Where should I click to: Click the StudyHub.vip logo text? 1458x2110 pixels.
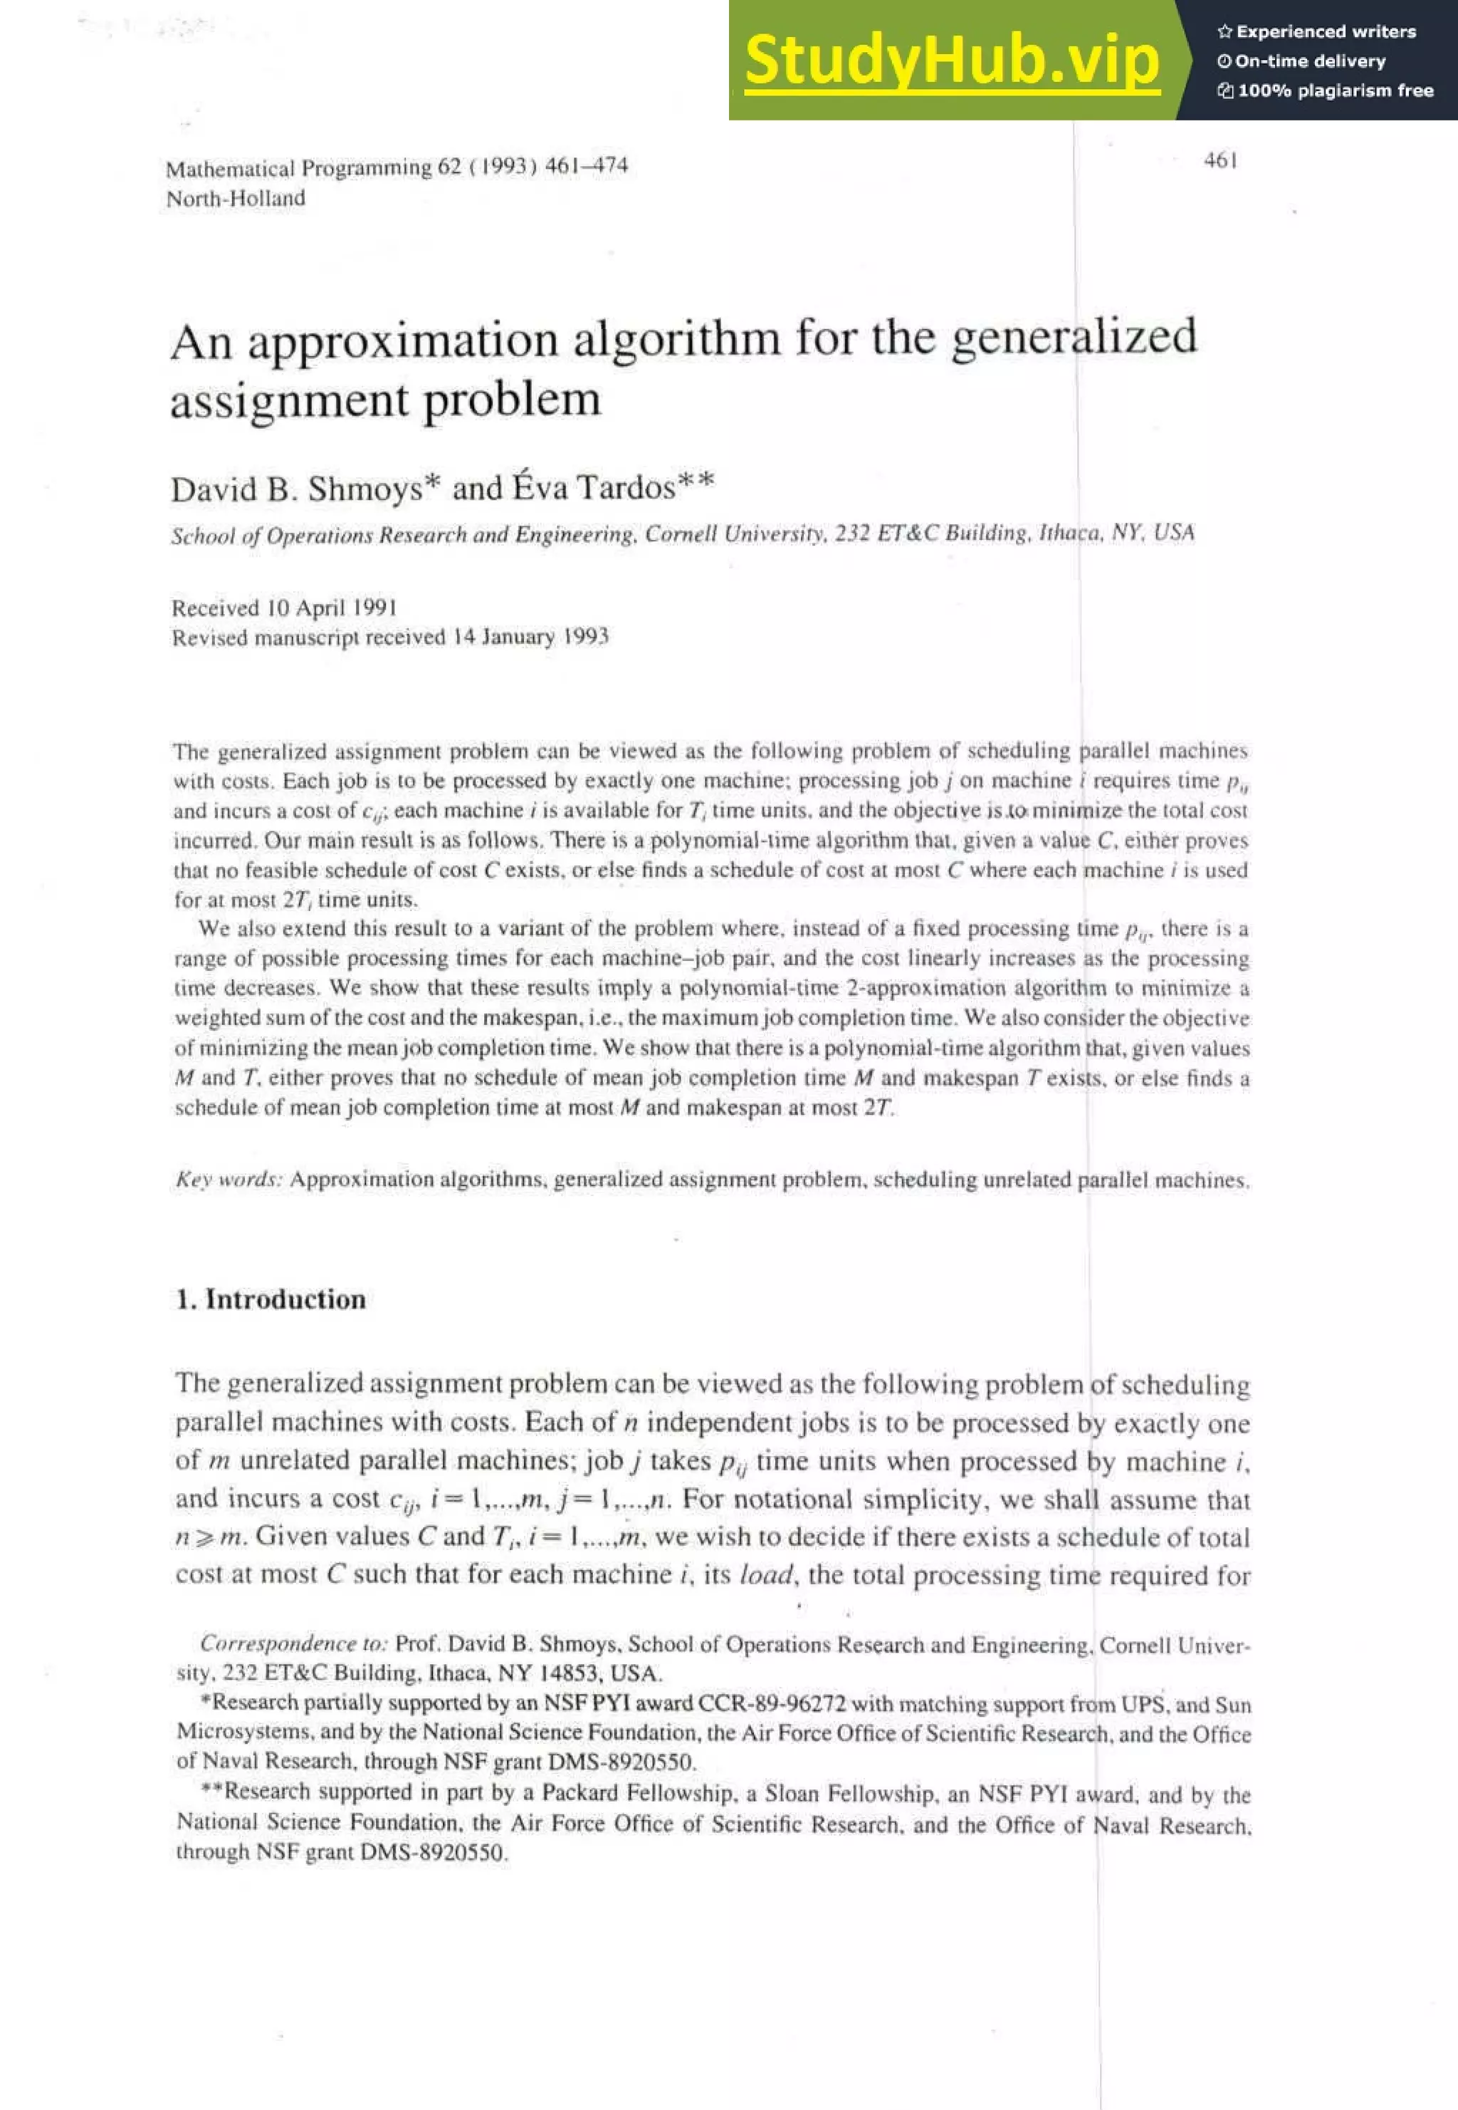point(951,61)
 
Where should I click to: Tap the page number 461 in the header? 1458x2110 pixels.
point(1220,161)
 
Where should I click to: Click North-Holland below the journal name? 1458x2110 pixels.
point(236,198)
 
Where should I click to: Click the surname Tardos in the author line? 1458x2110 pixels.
point(626,488)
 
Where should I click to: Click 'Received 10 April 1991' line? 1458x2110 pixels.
point(283,608)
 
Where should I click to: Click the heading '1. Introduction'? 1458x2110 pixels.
point(271,1299)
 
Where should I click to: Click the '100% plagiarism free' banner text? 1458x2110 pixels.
point(1335,90)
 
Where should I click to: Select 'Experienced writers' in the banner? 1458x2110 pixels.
point(1325,32)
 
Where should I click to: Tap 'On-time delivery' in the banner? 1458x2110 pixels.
point(1309,61)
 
